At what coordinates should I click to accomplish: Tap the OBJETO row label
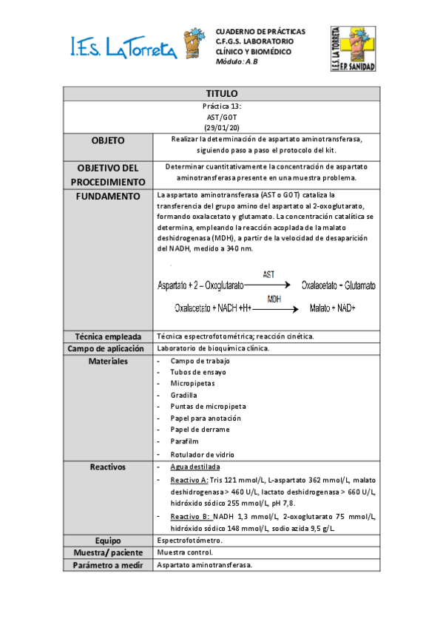click(x=108, y=140)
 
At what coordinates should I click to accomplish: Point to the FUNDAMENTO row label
click(x=108, y=197)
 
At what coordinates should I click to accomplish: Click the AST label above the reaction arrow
click(x=268, y=274)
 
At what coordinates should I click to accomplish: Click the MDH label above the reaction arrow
click(x=274, y=299)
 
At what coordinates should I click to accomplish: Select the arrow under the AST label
click(x=267, y=284)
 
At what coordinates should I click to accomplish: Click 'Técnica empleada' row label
click(x=108, y=336)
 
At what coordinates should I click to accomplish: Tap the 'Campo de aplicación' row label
click(x=108, y=348)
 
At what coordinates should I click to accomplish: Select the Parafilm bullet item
click(x=186, y=441)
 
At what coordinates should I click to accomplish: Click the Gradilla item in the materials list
click(x=183, y=396)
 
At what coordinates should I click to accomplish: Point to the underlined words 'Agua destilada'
click(x=195, y=468)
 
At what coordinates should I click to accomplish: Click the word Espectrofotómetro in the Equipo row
click(x=190, y=540)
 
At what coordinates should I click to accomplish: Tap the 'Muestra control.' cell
click(x=185, y=552)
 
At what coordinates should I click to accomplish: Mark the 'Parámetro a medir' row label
click(x=108, y=566)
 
